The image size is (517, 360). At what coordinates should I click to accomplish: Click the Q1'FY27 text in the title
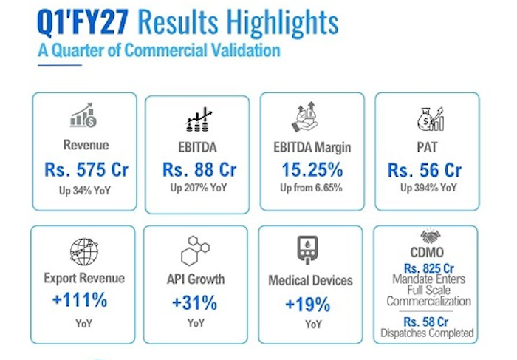(83, 22)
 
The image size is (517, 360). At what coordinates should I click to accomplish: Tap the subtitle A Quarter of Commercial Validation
(159, 50)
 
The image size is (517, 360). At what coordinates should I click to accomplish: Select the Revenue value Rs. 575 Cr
(86, 169)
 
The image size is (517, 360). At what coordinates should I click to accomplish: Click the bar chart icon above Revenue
(83, 115)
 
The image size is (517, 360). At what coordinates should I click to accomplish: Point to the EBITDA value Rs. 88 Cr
(199, 169)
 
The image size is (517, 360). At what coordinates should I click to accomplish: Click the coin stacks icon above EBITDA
(199, 120)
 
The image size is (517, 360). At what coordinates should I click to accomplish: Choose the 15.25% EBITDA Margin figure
(312, 169)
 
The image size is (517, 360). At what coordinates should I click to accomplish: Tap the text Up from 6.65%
(311, 188)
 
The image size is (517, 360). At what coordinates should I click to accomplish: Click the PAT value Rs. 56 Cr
(425, 170)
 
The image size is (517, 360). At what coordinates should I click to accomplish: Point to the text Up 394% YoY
(428, 188)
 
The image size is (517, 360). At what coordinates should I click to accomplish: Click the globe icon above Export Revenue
(84, 252)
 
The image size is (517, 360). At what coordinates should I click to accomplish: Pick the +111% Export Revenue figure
(80, 300)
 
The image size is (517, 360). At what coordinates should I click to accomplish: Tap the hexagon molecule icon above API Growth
(195, 251)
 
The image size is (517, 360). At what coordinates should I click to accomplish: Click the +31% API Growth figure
(195, 303)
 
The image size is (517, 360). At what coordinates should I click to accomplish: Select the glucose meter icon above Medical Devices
(308, 250)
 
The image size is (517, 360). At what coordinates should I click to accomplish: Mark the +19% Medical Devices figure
(308, 305)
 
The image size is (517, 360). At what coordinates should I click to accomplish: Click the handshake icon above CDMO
(431, 236)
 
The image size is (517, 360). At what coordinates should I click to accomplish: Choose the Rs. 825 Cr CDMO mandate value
(429, 268)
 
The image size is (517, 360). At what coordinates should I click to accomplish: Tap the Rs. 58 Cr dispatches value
(426, 322)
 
